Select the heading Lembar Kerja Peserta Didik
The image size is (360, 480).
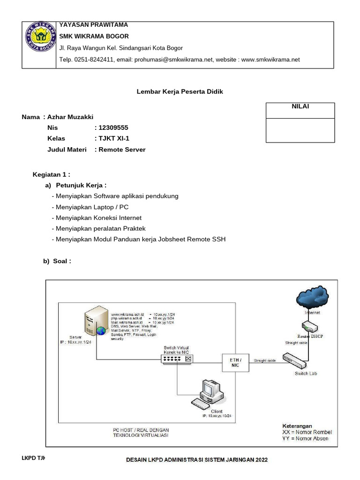pyautogui.click(x=180, y=92)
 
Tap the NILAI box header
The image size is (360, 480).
pyautogui.click(x=300, y=107)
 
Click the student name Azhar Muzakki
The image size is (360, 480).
pyautogui.click(x=74, y=117)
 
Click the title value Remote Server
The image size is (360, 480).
pyautogui.click(x=122, y=150)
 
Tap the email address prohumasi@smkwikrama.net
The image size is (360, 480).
pyautogui.click(x=173, y=60)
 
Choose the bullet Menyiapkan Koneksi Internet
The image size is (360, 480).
pyautogui.click(x=98, y=218)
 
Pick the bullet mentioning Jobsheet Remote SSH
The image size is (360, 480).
pyautogui.click(x=141, y=240)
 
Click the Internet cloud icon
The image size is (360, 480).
pyautogui.click(x=312, y=298)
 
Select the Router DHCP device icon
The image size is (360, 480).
pyautogui.click(x=310, y=327)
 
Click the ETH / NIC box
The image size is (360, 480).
pyautogui.click(x=235, y=362)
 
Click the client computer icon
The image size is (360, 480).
pyautogui.click(x=206, y=393)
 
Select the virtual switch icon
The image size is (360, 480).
pyautogui.click(x=176, y=358)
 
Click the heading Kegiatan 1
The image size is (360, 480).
pyautogui.click(x=51, y=175)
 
